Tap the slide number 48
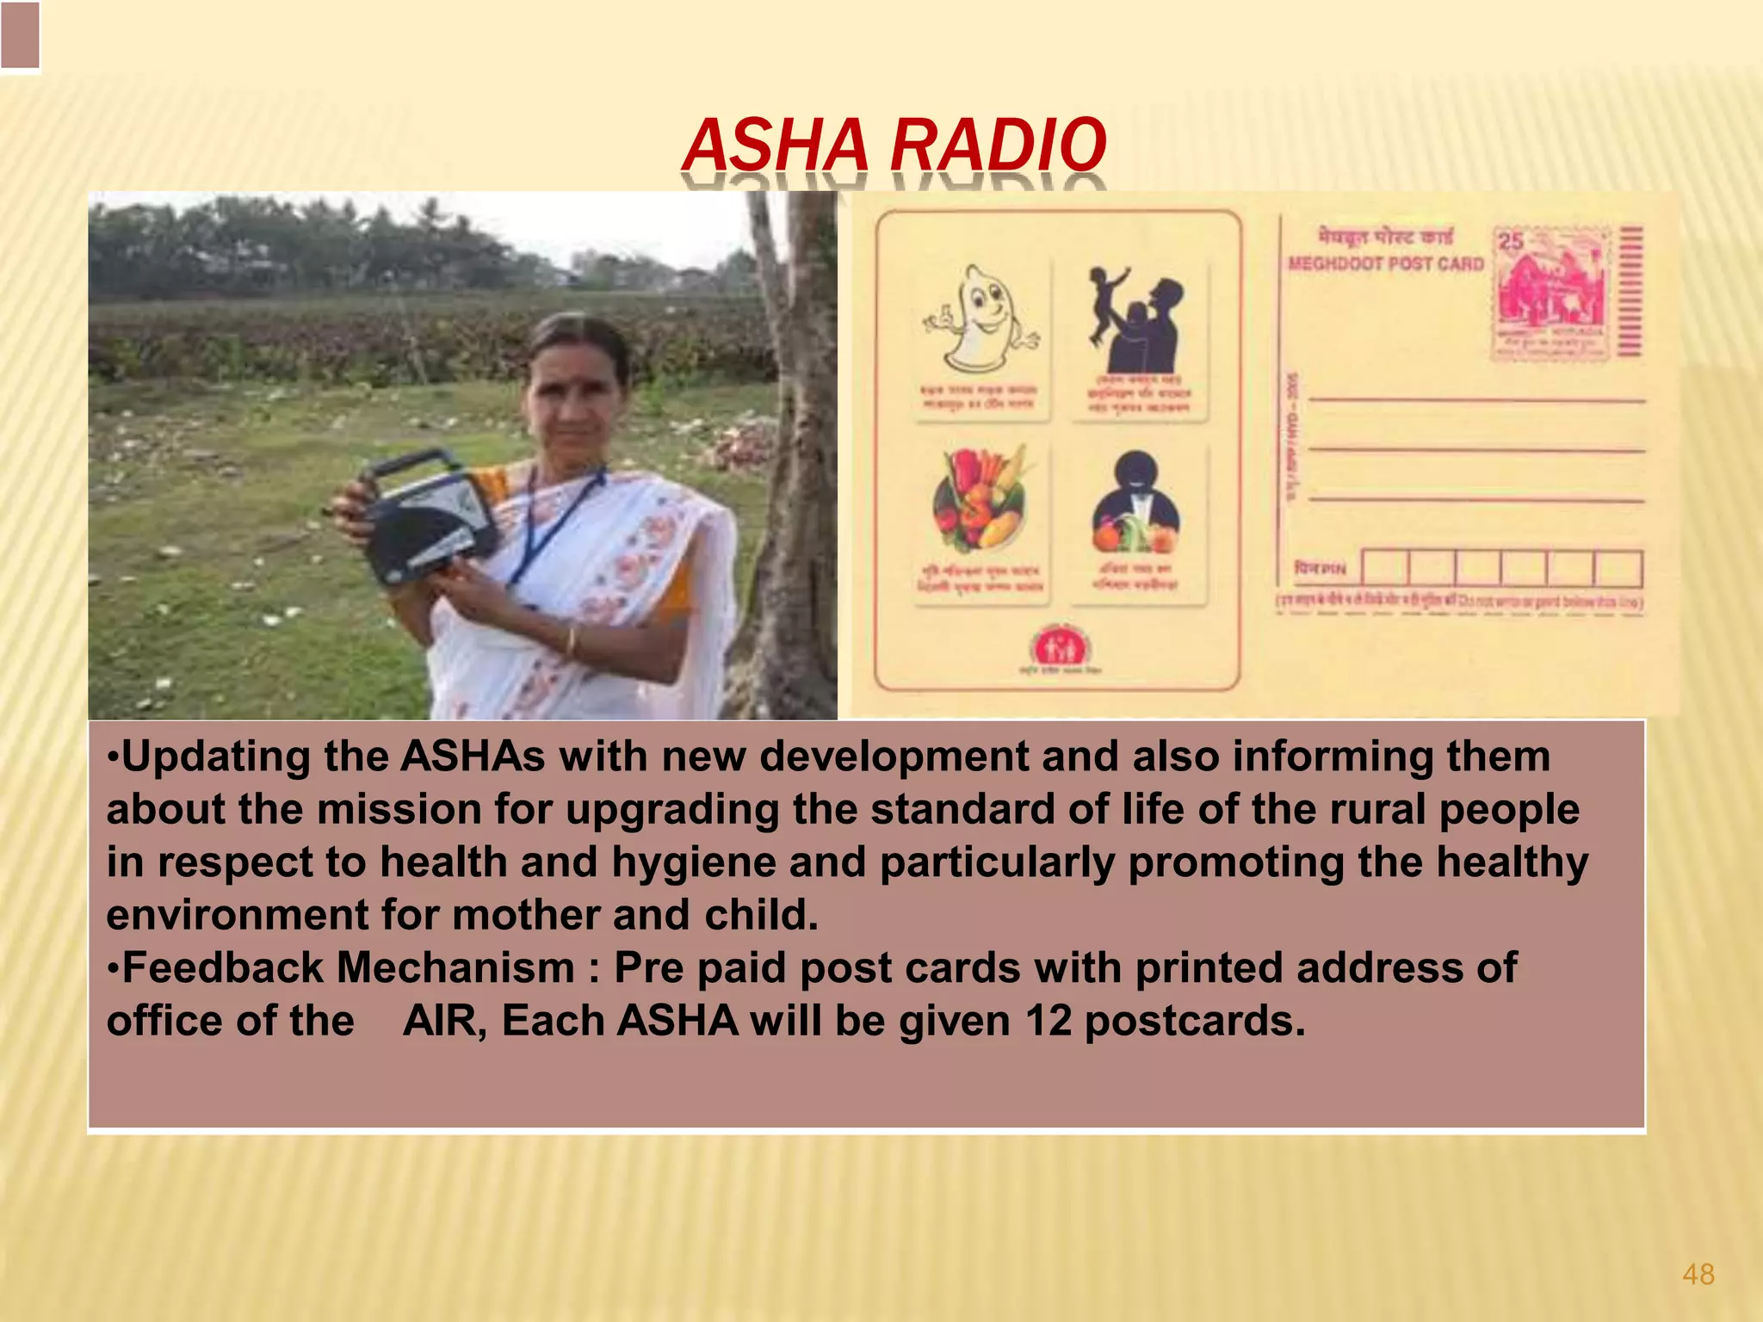pyautogui.click(x=1698, y=1274)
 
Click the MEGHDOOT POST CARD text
pyautogui.click(x=1386, y=263)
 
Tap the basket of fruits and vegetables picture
pyautogui.click(x=980, y=499)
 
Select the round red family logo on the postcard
pyautogui.click(x=1061, y=647)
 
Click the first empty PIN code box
pyautogui.click(x=1385, y=569)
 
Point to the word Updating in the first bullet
pyautogui.click(x=215, y=757)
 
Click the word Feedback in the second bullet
pyautogui.click(x=224, y=968)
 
